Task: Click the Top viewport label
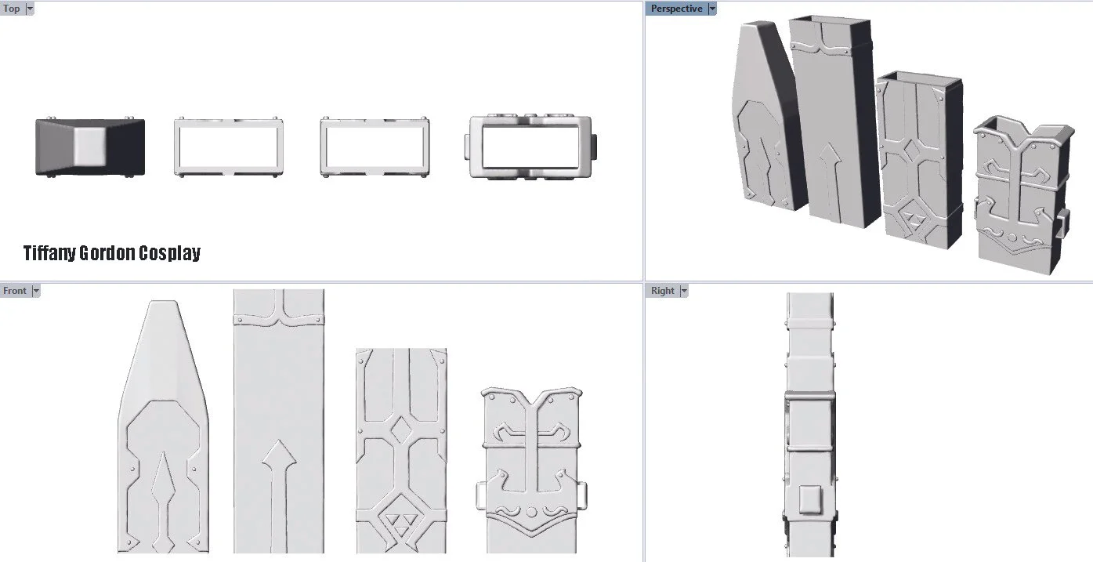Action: [11, 9]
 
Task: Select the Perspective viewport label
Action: [676, 9]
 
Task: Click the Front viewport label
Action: [15, 291]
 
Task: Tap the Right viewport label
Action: [662, 291]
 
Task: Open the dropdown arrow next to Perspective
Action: [712, 9]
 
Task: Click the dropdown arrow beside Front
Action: [35, 291]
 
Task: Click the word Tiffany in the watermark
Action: [49, 253]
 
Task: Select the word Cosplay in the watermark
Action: [169, 253]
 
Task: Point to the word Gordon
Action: [107, 253]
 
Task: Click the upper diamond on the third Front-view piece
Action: [402, 430]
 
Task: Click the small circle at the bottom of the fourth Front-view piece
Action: [531, 512]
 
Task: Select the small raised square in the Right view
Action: [810, 499]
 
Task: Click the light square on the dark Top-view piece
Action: [90, 146]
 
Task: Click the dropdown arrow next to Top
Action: [30, 9]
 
